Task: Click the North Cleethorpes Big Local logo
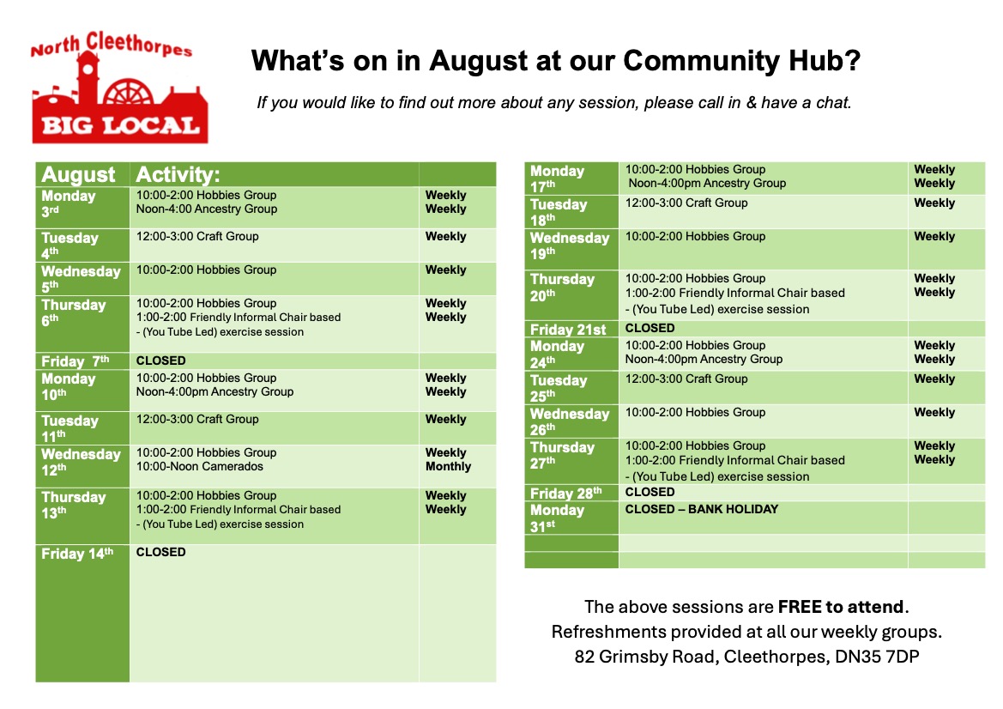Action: tap(119, 87)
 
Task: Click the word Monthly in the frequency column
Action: tap(448, 466)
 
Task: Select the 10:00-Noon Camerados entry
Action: tap(200, 466)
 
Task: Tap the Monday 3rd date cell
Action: tap(82, 208)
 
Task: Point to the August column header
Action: tap(78, 175)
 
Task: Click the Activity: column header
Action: tap(178, 175)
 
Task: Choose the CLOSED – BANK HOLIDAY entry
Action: tap(702, 509)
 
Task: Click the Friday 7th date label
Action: tap(76, 361)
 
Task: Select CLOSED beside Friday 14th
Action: tap(160, 552)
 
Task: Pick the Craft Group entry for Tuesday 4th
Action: tap(197, 236)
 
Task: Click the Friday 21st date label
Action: tap(568, 330)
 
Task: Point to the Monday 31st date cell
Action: tap(571, 518)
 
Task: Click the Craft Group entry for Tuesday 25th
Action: tap(686, 379)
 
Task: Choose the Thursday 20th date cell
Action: tap(571, 295)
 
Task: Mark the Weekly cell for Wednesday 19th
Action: tap(934, 236)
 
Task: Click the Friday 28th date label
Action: tap(566, 494)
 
